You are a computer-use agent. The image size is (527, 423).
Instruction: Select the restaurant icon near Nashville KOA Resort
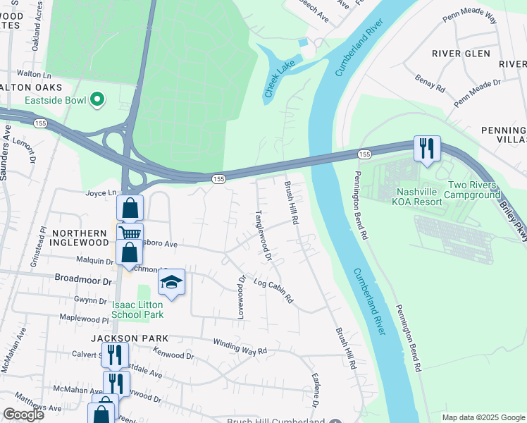pyautogui.click(x=427, y=148)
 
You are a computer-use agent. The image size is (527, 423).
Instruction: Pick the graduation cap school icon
pyautogui.click(x=171, y=282)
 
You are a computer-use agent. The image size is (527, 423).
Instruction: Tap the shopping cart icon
pyautogui.click(x=130, y=233)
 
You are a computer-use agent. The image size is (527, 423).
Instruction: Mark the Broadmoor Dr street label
pyautogui.click(x=83, y=280)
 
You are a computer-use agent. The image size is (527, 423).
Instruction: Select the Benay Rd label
pyautogui.click(x=430, y=84)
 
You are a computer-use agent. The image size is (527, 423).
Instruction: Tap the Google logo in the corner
pyautogui.click(x=23, y=415)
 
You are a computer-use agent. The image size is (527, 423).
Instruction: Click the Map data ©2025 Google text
pyautogui.click(x=483, y=417)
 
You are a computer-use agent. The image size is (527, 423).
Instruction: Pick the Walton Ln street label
pyautogui.click(x=35, y=73)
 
